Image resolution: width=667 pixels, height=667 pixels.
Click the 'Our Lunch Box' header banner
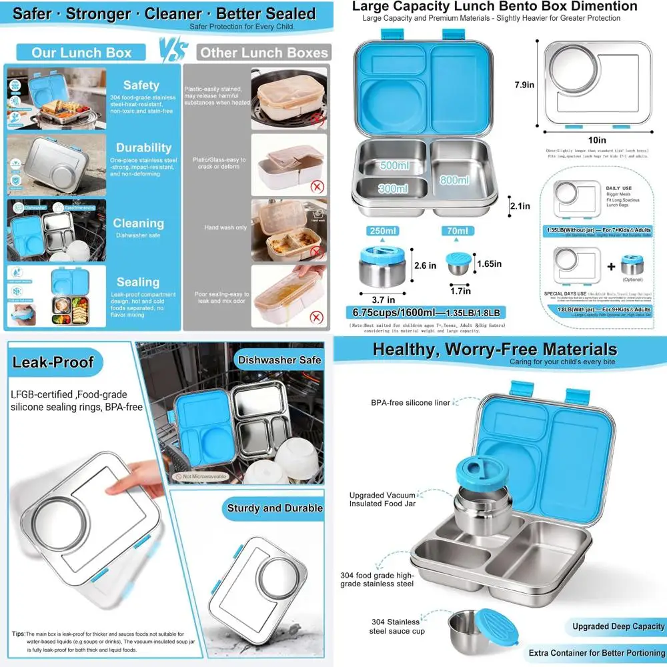coord(81,53)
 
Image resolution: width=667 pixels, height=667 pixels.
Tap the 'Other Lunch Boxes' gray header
coord(264,53)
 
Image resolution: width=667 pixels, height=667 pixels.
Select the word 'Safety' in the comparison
coord(141,85)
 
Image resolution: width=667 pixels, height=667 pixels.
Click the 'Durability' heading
coord(143,147)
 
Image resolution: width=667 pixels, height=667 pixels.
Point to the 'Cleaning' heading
coord(138,223)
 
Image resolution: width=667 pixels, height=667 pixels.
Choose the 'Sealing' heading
coord(137,282)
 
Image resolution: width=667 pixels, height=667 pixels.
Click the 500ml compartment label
coord(394,165)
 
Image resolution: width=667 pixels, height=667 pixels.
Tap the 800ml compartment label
coord(456,179)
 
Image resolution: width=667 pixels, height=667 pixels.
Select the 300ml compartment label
coord(393,189)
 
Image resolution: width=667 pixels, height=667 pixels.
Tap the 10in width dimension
coord(597,140)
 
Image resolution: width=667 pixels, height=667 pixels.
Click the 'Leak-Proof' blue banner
coord(53,363)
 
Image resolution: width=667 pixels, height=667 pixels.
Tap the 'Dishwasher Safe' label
coord(279,360)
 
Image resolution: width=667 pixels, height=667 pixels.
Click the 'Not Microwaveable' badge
coord(200,477)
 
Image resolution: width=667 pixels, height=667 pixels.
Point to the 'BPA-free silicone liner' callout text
coord(411,403)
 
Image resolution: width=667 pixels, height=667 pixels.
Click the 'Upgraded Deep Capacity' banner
coord(618,626)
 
